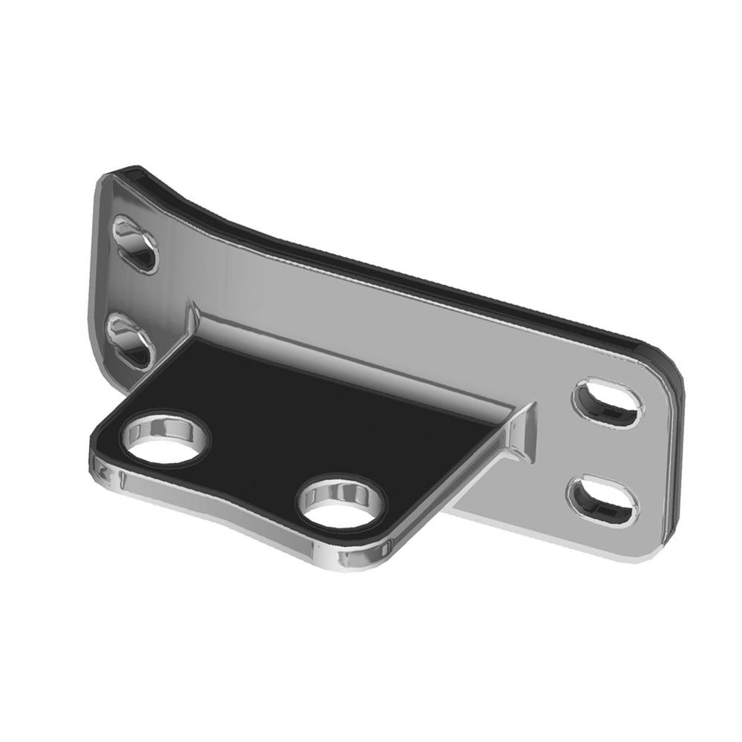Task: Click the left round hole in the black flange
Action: coord(165,440)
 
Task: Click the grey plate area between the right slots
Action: coord(605,450)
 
